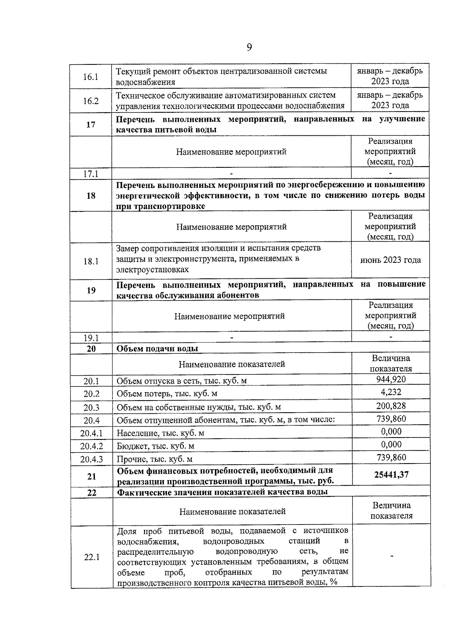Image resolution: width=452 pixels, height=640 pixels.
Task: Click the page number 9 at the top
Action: [x=249, y=48]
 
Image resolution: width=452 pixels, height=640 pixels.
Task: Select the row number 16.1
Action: [x=90, y=77]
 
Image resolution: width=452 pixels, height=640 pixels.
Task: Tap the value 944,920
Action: [x=391, y=379]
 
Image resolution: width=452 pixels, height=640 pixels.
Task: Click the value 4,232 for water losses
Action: [x=391, y=392]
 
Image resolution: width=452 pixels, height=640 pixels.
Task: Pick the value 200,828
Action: [x=391, y=406]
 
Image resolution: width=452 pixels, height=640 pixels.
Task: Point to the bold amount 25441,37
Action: [x=391, y=474]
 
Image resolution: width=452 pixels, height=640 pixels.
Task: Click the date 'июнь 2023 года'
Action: [x=390, y=260]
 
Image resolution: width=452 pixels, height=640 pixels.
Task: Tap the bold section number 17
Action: [x=91, y=124]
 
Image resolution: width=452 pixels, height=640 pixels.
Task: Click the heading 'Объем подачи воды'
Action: [x=157, y=348]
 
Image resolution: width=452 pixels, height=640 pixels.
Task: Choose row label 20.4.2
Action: [x=91, y=446]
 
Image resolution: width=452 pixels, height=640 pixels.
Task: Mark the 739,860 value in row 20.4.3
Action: [x=391, y=457]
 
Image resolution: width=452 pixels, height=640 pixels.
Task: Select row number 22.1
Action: [x=92, y=557]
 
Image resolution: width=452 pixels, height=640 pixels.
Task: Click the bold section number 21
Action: [x=92, y=476]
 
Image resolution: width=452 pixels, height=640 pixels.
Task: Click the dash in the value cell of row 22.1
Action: [x=392, y=556]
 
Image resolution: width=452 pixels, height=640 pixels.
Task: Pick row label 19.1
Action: [x=91, y=338]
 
